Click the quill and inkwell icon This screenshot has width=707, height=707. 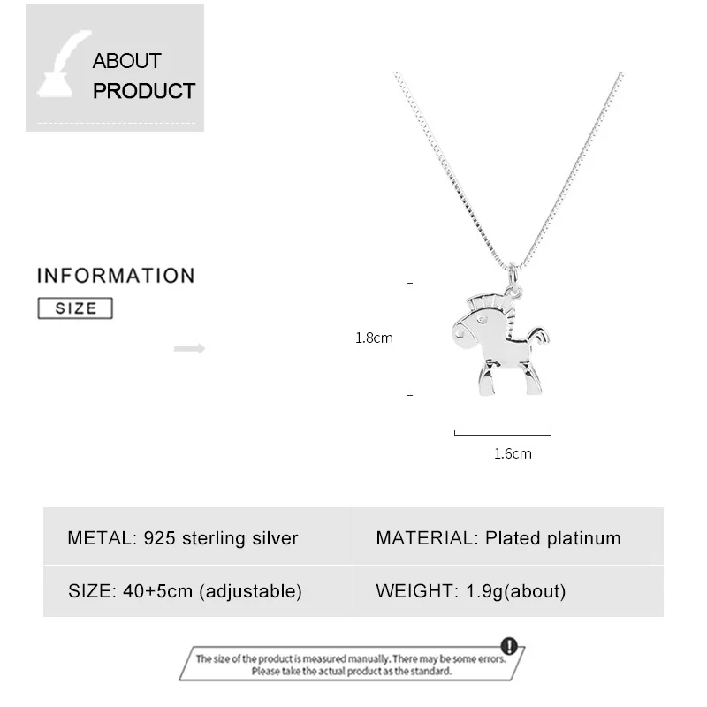(64, 65)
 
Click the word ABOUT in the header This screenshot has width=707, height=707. (126, 61)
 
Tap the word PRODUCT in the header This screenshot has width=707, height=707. (144, 90)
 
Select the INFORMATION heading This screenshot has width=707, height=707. (116, 276)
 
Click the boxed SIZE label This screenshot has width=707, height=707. (76, 308)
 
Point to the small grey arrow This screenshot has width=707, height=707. (189, 348)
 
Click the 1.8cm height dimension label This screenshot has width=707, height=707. (374, 338)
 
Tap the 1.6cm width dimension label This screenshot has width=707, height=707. (513, 454)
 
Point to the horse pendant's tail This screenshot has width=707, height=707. (538, 336)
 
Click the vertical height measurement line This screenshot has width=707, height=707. (408, 338)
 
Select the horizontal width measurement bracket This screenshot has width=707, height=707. (503, 433)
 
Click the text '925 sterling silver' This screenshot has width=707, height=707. (221, 538)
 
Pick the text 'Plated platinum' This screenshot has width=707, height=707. (552, 538)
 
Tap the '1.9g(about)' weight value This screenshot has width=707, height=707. (516, 591)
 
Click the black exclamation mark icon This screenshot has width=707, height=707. (508, 646)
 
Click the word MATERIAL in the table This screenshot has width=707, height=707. (426, 538)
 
